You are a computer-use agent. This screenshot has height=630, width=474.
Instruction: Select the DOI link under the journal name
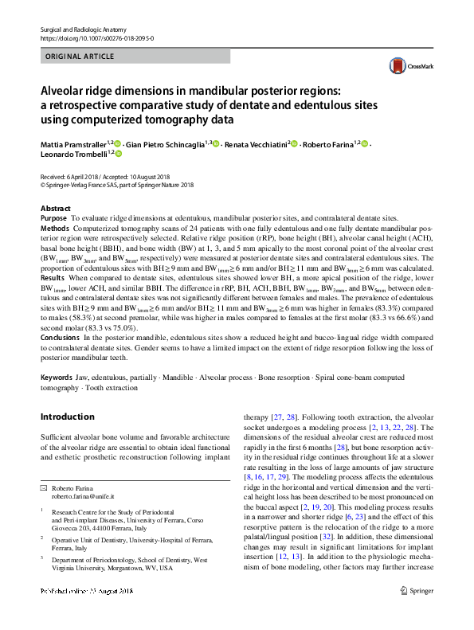click(96, 37)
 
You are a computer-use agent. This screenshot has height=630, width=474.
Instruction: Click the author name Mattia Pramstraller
click(72, 143)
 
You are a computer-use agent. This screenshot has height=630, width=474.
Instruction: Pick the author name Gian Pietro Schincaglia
click(170, 143)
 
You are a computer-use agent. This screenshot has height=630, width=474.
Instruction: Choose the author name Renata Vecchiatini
click(256, 143)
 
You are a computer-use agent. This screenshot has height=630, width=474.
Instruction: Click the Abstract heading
click(55, 208)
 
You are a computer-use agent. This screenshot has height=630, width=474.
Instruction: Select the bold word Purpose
click(53, 217)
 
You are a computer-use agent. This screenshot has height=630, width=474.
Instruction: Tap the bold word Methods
click(55, 227)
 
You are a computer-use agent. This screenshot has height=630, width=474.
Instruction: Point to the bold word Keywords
click(57, 376)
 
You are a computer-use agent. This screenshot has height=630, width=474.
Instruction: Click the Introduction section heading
click(67, 417)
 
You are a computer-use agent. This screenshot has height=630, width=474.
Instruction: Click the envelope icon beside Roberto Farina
click(44, 486)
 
